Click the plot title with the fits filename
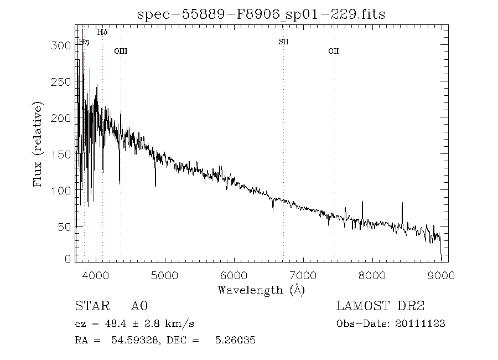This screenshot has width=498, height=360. click(x=261, y=15)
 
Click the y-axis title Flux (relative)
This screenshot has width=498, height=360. click(x=38, y=144)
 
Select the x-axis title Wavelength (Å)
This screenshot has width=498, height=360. click(x=261, y=290)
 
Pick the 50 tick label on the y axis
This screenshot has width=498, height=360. click(x=66, y=227)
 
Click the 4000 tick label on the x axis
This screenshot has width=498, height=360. click(x=97, y=275)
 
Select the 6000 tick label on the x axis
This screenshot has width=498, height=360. click(x=235, y=275)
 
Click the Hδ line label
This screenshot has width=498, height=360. click(x=102, y=32)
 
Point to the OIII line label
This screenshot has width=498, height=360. click(x=121, y=51)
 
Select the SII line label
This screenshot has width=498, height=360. click(x=283, y=42)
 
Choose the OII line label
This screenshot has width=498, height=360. click(x=333, y=51)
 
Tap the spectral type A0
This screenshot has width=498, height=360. click(x=139, y=306)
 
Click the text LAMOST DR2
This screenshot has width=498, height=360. click(x=380, y=306)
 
